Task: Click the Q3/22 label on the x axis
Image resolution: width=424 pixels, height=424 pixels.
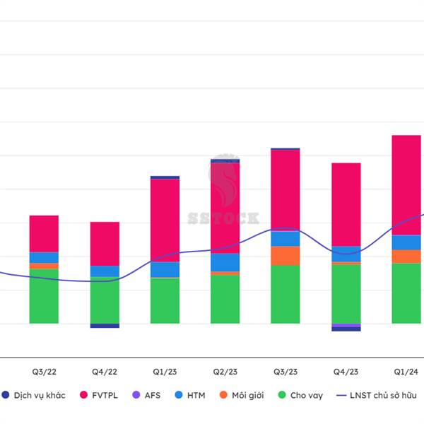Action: [x=44, y=371]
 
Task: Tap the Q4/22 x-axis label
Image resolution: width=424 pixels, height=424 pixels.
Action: [x=105, y=371]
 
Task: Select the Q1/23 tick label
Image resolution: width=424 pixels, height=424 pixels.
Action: [x=165, y=371]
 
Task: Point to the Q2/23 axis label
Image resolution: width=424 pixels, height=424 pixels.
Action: [x=225, y=371]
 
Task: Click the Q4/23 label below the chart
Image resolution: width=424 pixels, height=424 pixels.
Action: [x=346, y=371]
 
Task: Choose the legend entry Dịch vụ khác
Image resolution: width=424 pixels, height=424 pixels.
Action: [x=39, y=395]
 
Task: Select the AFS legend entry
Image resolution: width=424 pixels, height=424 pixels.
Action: [x=169, y=395]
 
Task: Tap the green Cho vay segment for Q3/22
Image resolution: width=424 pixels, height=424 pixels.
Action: [x=44, y=296]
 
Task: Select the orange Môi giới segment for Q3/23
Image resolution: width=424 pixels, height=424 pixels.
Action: [x=285, y=256]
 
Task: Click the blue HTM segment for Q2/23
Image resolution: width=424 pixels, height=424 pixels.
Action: [x=225, y=262]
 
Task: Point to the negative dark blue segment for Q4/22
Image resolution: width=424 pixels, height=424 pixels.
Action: [x=105, y=326]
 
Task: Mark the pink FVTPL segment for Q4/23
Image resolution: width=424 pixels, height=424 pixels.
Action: [x=346, y=204]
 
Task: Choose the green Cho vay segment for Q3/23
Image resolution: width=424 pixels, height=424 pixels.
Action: [x=285, y=294]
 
